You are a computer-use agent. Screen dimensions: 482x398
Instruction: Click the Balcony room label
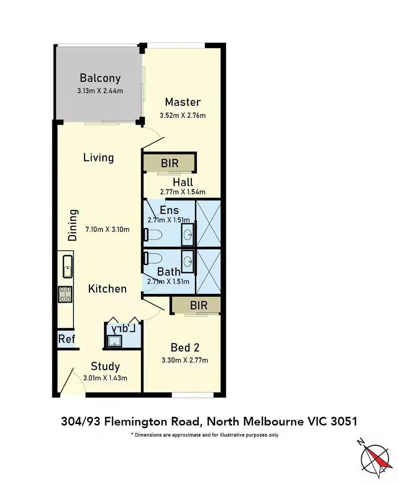point(100,78)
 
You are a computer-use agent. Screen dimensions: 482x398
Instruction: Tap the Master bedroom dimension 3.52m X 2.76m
point(182,115)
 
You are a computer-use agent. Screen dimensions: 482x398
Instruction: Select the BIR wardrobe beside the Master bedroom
point(170,163)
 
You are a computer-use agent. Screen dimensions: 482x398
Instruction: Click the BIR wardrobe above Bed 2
point(198,305)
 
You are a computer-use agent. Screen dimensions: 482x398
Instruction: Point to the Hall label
point(182,182)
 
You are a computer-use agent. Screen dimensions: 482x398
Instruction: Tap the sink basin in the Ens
point(188,235)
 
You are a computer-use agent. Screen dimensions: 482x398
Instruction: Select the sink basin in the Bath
point(188,261)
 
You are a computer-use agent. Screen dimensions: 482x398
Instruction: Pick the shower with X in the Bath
point(208,272)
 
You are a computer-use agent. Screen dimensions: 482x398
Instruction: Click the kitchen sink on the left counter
point(67,266)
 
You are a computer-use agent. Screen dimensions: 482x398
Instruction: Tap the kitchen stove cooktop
point(65,293)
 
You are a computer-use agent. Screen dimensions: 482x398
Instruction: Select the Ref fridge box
point(66,339)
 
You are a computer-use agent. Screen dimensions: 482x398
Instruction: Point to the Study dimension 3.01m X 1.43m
point(105,378)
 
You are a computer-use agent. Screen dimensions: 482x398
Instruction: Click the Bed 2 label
point(185,348)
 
